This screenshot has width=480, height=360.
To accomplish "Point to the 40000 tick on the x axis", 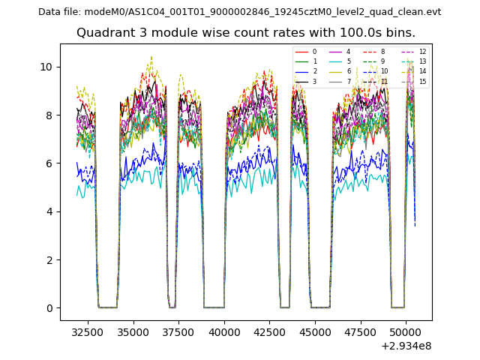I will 224,330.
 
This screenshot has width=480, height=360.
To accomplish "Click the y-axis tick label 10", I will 46,67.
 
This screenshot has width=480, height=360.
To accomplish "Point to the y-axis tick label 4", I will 49,211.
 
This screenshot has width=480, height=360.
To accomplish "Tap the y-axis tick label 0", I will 49,308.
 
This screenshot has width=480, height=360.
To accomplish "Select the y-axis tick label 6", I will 49,163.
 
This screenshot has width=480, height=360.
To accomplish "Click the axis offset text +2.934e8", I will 406,346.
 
